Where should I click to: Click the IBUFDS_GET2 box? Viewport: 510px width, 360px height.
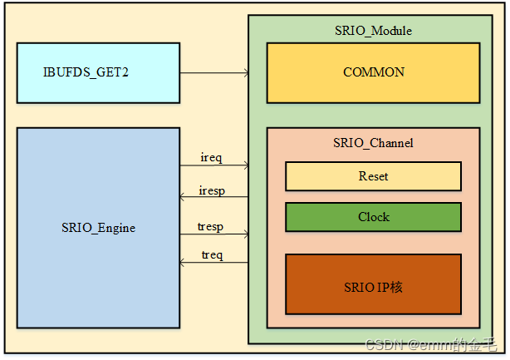pos(98,73)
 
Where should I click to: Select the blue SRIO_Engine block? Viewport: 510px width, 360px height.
pos(98,227)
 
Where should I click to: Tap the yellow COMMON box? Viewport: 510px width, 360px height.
pos(373,72)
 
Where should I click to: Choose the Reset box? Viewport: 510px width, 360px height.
pos(373,176)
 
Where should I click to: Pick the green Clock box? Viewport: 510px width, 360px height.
pos(373,217)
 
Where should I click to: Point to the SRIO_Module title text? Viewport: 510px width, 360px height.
pos(373,31)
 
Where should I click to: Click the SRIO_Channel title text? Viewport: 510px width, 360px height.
pos(373,143)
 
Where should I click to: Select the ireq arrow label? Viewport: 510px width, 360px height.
pos(212,157)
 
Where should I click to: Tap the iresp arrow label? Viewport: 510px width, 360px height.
pos(213,190)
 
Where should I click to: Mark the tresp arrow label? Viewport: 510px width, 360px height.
pos(212,225)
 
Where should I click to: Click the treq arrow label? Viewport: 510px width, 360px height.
pos(212,255)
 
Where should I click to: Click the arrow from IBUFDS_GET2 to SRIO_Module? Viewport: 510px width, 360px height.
pos(214,73)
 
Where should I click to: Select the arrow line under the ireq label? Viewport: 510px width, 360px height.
pos(214,165)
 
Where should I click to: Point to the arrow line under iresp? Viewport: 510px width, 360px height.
pos(214,197)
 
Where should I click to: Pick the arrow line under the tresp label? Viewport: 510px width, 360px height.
pos(214,233)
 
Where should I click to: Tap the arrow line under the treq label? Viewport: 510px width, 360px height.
pos(214,263)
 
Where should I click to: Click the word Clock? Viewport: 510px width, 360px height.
pos(373,217)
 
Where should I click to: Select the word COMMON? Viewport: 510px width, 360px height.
pos(373,72)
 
